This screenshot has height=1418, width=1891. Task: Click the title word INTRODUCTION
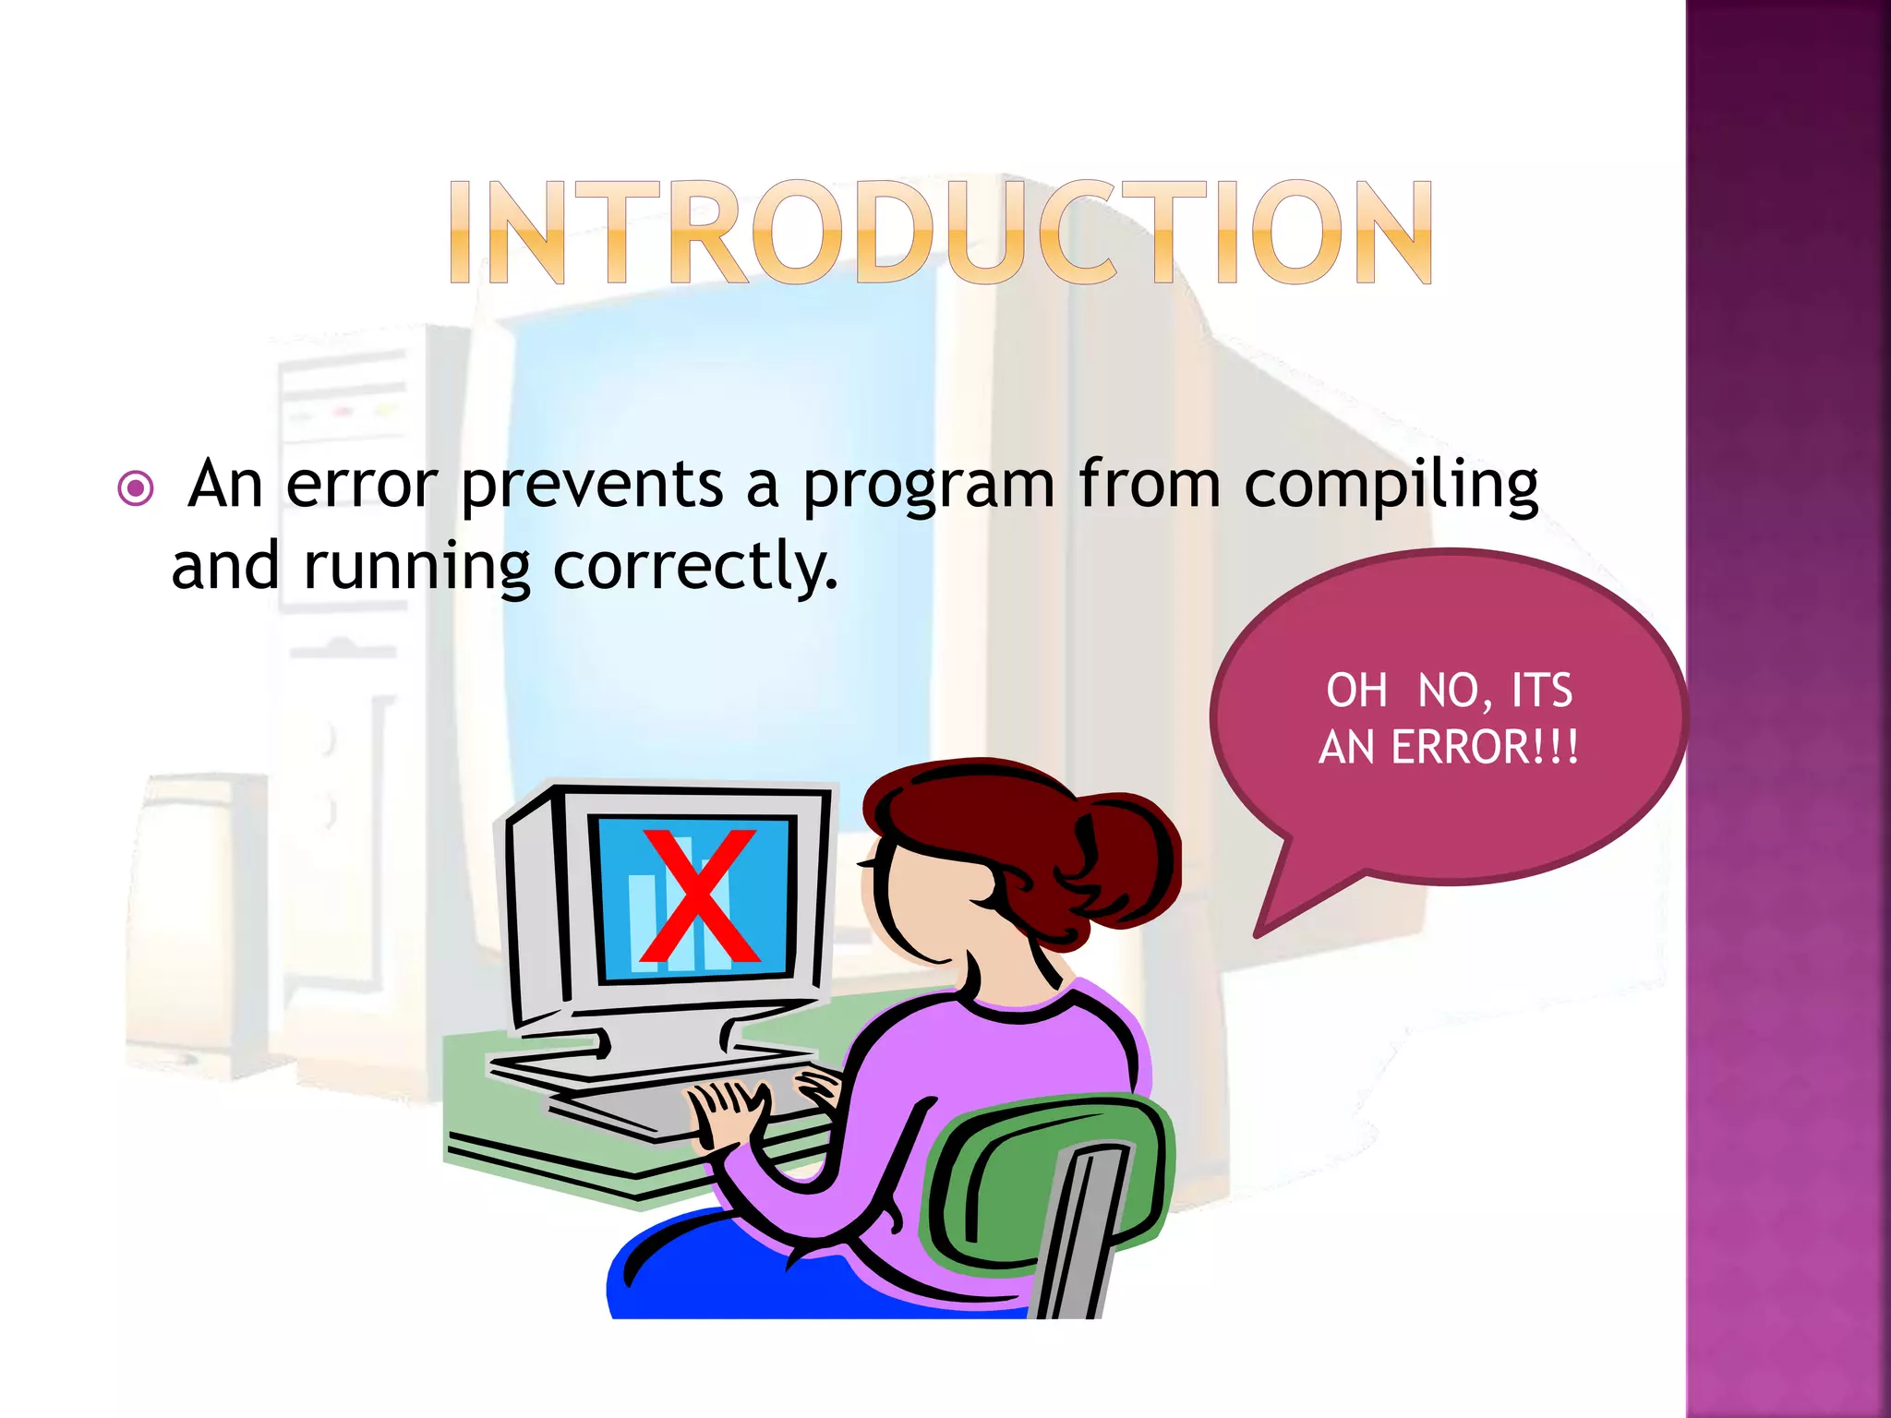pos(940,232)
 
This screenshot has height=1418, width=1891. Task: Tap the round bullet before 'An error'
pos(136,488)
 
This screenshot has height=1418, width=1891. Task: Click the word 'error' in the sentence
pos(361,485)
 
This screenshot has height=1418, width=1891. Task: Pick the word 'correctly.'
pos(694,567)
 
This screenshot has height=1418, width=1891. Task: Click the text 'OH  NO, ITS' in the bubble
pos(1448,691)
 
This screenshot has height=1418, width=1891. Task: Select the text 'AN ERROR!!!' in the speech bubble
pos(1448,747)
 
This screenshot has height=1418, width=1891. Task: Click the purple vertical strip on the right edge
pos(1788,709)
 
